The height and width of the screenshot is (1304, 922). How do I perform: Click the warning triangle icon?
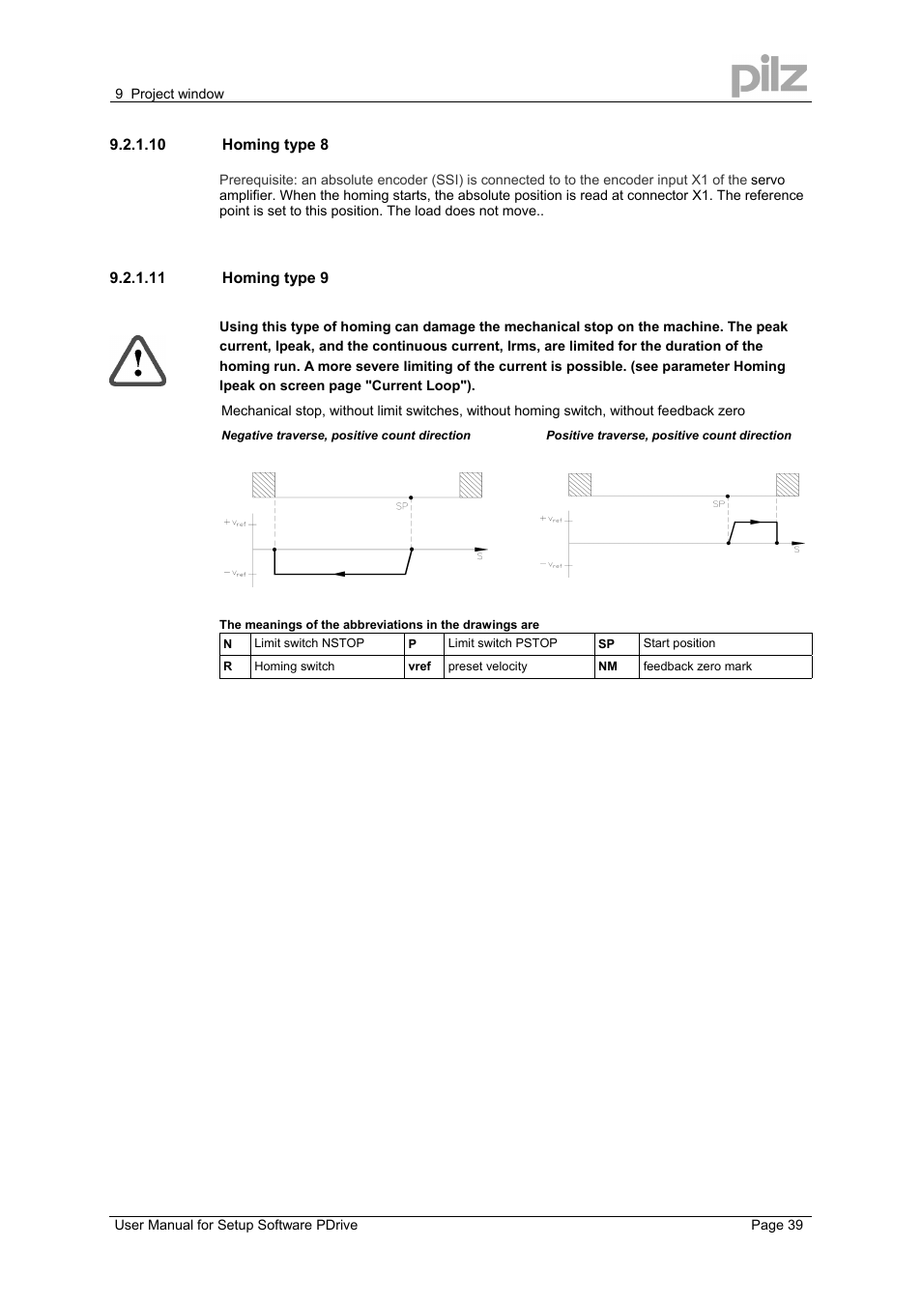click(138, 361)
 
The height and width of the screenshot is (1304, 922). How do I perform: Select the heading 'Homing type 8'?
click(275, 145)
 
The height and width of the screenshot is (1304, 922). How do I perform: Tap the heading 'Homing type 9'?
click(275, 278)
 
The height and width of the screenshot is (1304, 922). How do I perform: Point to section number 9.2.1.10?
click(137, 145)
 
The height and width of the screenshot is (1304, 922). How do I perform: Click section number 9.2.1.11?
click(137, 278)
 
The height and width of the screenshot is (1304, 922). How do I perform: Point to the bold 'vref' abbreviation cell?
click(419, 666)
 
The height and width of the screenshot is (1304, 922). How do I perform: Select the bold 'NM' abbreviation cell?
click(608, 666)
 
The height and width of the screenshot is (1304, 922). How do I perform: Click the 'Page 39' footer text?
click(777, 1225)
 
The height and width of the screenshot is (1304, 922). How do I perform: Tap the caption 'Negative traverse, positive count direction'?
click(346, 436)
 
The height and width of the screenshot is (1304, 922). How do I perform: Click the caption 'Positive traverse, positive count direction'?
click(669, 436)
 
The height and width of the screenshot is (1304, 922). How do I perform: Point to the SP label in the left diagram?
click(402, 506)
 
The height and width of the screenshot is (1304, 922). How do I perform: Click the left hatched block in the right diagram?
click(580, 485)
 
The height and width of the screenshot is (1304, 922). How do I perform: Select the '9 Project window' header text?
click(169, 94)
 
